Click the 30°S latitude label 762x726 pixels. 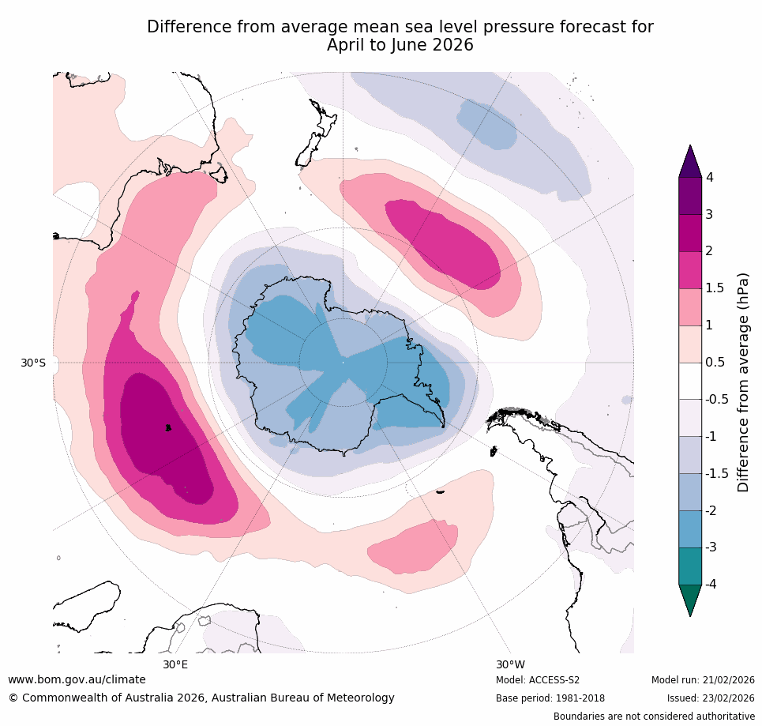coord(33,363)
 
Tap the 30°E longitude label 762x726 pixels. coord(175,664)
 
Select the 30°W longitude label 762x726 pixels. coord(510,664)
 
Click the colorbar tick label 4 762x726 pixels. coord(709,178)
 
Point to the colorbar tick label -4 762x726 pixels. coord(711,584)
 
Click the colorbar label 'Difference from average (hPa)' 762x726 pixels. coord(742,382)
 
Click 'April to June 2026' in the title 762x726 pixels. coord(400,45)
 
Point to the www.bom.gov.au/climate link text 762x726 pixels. coord(77,679)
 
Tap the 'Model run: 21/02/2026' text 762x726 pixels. coord(703,680)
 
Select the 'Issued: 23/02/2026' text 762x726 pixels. coord(711,698)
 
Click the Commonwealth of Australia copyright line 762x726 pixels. coord(201,698)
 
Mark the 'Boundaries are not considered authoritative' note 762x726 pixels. coord(654,717)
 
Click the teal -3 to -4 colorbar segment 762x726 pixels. coord(690,566)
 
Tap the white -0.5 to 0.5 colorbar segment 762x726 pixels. coord(690,381)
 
